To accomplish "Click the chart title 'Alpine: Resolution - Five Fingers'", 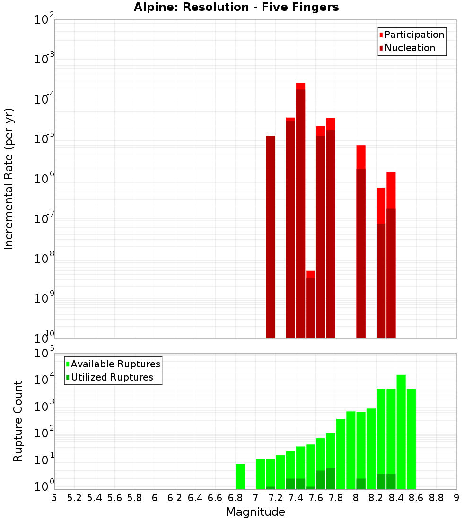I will coord(236,7).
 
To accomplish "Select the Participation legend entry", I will coord(414,35).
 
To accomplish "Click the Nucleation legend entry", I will coord(409,48).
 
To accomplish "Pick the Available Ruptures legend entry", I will coord(115,364).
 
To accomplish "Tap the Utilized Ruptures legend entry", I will coord(111,377).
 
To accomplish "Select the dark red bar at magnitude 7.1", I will coord(271,236).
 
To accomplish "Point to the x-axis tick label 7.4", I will coord(296,498).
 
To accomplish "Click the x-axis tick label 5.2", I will coord(74,498).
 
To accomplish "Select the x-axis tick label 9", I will coord(456,498).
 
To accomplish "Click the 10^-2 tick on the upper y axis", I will coord(44,20).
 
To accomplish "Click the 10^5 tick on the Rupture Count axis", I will coord(44,353).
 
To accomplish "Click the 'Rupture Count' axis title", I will coord(18,421).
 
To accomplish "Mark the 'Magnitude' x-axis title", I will coord(255,512).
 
